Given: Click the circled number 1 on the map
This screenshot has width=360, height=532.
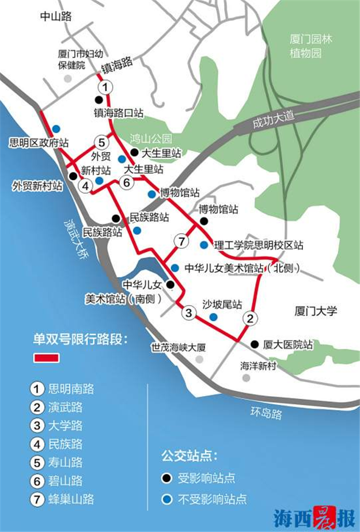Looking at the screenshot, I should point(104,88).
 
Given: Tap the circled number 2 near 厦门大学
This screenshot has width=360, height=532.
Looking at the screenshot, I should point(249,318).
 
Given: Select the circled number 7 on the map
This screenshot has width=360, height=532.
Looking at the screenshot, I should point(181,241).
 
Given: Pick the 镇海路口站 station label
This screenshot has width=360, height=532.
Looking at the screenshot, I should point(119,113).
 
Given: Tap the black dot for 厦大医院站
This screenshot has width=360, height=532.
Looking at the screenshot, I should point(255,345).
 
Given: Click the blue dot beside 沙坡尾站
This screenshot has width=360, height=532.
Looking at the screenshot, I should point(214,317).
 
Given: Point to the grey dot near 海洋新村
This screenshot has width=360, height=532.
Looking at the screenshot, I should point(246,378).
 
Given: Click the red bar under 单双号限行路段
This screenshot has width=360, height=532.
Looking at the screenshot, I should point(47,358).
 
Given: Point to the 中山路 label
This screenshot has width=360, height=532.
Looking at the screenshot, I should point(55,17).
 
